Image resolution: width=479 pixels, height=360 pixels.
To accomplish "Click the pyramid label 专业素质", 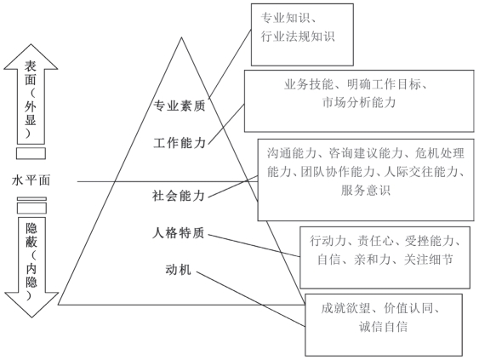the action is point(180,106).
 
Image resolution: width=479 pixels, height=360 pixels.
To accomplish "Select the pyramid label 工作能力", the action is point(180,143).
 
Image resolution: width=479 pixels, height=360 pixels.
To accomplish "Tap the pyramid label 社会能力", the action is point(179,196).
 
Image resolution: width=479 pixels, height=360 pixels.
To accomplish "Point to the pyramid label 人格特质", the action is point(179,233).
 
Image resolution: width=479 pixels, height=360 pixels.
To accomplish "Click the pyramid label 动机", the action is point(179,270).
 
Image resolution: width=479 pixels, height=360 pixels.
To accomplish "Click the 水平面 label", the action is point(31,180).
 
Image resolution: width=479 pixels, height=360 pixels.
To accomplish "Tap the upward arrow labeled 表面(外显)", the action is point(31,94).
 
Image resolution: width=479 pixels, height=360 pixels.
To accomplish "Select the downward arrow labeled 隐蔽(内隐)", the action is point(31,267).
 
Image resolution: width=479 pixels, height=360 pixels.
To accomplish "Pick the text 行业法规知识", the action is point(298,37).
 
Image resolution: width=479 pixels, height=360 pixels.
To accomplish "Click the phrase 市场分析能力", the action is point(359,102).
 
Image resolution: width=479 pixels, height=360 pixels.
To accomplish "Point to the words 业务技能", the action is point(309,84).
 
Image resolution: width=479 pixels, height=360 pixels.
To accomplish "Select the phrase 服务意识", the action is point(366,190).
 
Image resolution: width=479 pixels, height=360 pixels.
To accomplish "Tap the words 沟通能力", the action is point(292,153).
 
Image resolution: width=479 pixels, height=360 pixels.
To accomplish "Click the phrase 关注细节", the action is point(428,260).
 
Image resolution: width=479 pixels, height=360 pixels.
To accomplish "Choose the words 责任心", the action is point(376,241).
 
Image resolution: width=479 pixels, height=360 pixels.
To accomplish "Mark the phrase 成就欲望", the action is point(345,308).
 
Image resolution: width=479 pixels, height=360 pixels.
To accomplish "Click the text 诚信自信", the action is point(383,327).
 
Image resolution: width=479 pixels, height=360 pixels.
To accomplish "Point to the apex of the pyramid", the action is point(181,37).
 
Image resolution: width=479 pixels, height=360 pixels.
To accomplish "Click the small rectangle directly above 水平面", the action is point(31,153).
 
